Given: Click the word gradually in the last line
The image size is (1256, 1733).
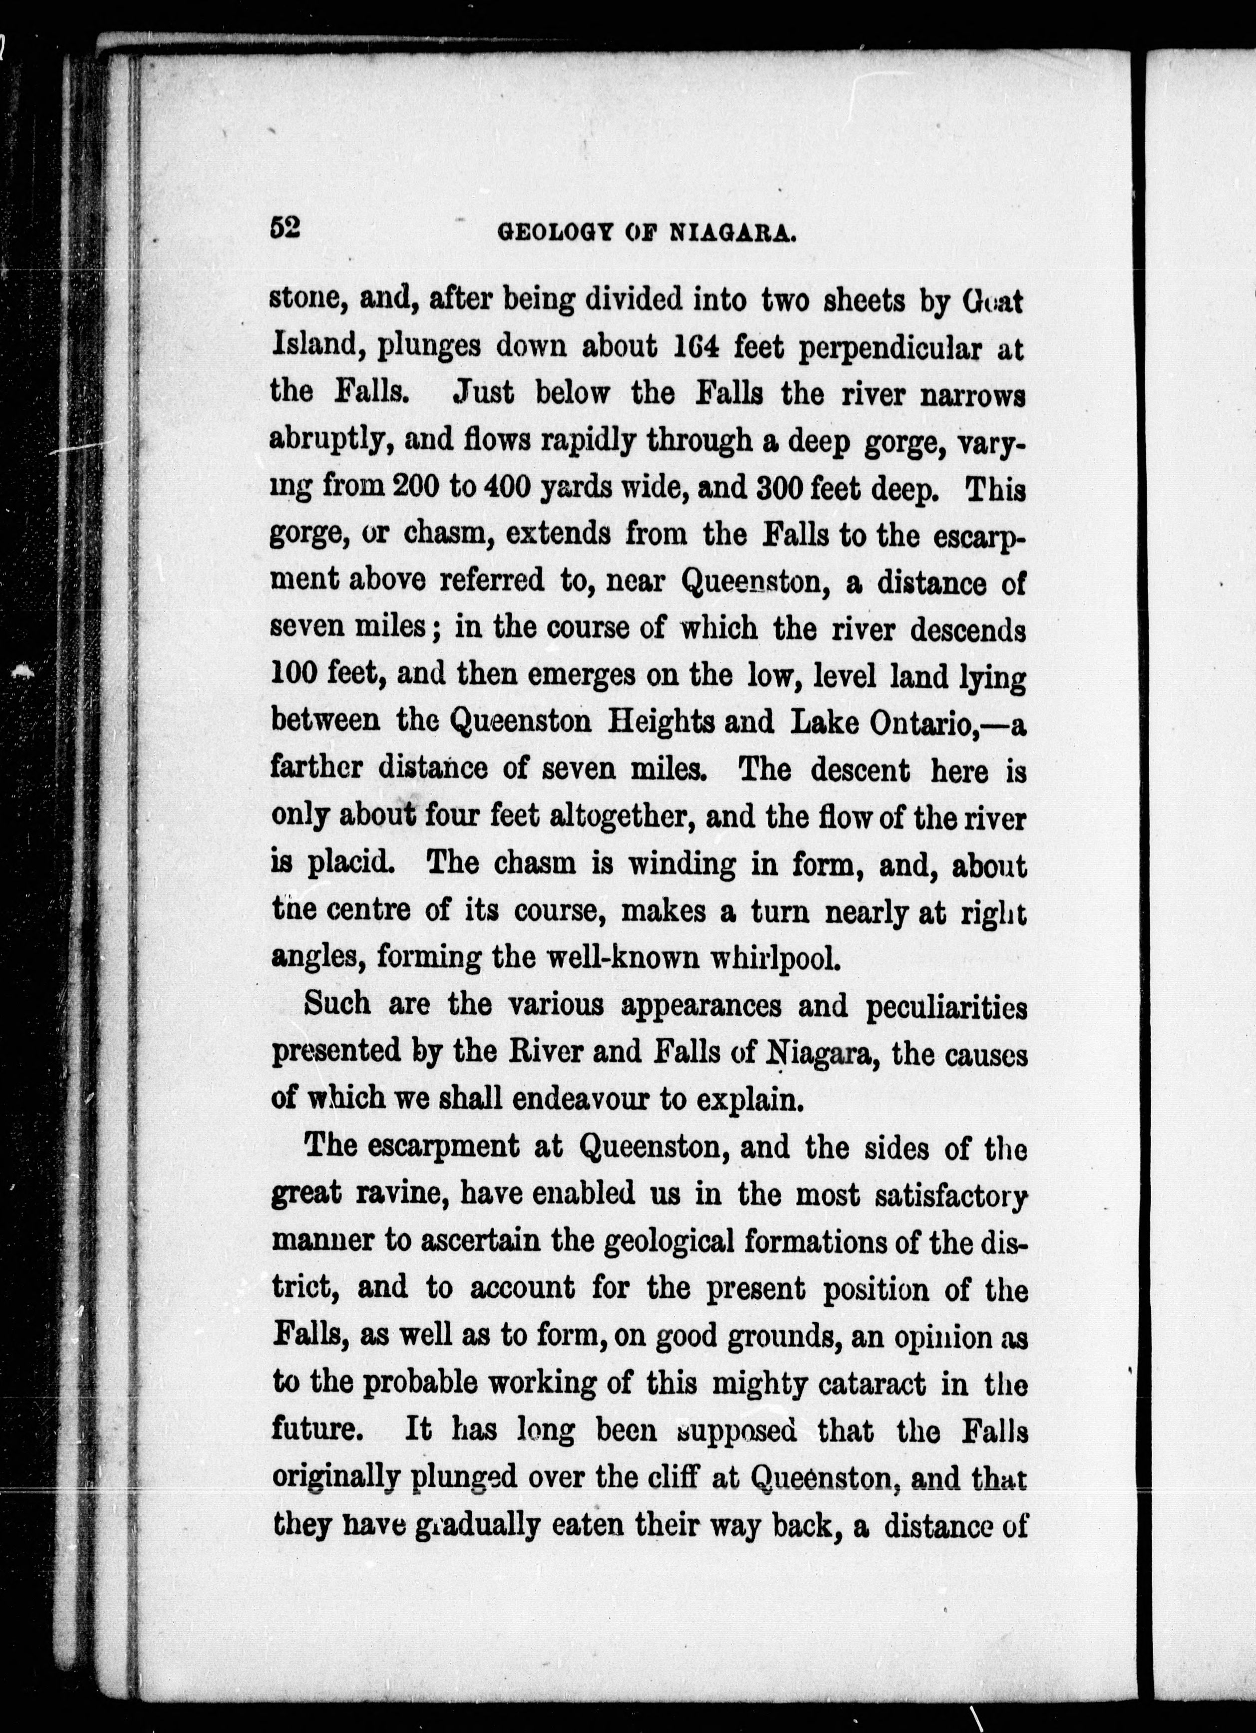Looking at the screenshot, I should click(x=477, y=1526).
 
